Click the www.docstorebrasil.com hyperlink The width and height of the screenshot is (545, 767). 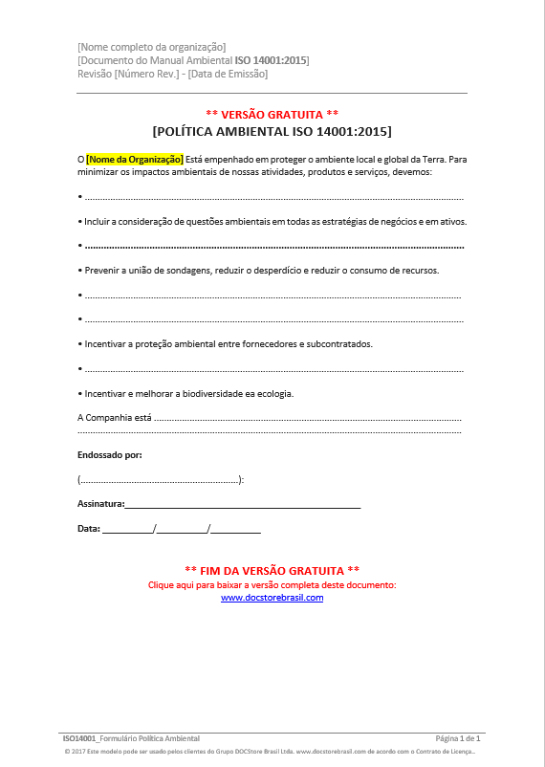coord(272,598)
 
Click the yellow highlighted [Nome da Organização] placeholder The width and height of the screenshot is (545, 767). coord(134,159)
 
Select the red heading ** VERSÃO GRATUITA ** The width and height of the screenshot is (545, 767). coord(272,114)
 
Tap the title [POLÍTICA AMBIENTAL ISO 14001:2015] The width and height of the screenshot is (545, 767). coord(272,131)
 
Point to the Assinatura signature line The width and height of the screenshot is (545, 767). coord(242,503)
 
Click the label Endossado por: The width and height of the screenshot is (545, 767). coord(109,455)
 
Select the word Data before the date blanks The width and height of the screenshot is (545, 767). coord(88,528)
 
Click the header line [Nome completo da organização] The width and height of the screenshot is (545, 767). coord(151,47)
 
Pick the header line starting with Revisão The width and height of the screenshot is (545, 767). coord(172,74)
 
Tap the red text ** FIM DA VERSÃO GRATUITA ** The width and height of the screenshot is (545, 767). coord(272,569)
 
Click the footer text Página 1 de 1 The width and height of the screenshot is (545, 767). coord(457,739)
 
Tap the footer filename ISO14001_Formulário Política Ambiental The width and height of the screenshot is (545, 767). coord(131,739)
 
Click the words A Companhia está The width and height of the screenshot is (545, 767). coord(114,417)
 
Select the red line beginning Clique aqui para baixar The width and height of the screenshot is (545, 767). coord(272,584)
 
